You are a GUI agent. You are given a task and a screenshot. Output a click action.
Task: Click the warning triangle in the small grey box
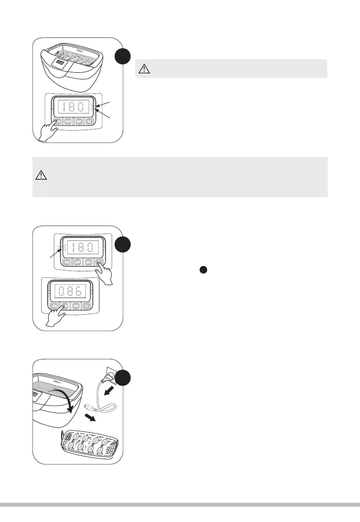click(x=144, y=68)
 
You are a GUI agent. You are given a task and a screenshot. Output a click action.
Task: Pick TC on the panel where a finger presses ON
click(x=90, y=122)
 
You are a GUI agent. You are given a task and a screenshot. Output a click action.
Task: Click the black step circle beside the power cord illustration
click(x=124, y=378)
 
